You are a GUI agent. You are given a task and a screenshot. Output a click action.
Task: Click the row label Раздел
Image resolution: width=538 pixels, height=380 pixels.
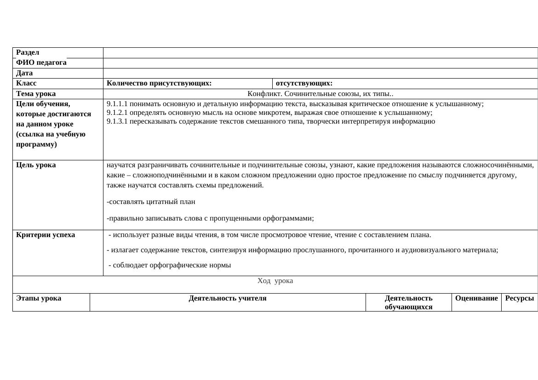(28, 52)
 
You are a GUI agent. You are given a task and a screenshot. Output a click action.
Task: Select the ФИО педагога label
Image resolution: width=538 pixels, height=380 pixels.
(41, 62)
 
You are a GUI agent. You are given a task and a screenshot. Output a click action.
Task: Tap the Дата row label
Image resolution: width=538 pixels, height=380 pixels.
(24, 73)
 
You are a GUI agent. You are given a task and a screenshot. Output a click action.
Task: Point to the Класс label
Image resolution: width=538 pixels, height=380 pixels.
(26, 83)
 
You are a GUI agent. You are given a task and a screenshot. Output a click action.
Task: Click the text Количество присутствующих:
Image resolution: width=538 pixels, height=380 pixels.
(159, 83)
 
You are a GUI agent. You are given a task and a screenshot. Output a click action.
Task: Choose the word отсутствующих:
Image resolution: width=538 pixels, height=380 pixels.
(304, 83)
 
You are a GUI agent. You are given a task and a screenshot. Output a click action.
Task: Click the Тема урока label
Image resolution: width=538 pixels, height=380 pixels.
(36, 94)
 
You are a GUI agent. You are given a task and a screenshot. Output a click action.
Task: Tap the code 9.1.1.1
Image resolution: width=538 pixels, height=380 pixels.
(117, 104)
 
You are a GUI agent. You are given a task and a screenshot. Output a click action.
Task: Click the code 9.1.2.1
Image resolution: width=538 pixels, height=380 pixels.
(117, 113)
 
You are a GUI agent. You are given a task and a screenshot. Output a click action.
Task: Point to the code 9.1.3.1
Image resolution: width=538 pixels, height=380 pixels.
(117, 121)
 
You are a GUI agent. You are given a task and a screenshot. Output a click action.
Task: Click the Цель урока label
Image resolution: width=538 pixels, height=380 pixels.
(36, 165)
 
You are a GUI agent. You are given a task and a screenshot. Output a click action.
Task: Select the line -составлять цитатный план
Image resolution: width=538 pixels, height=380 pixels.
(151, 202)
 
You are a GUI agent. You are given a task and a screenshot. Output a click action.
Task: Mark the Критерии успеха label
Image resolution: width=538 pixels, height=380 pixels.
(46, 235)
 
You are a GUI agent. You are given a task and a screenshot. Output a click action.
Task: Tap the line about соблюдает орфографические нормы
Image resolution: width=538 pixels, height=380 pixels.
(170, 265)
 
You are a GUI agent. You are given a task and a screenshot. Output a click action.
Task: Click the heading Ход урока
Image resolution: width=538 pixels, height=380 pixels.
(275, 281)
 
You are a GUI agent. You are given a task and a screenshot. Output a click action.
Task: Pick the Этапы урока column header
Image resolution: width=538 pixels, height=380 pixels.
(39, 298)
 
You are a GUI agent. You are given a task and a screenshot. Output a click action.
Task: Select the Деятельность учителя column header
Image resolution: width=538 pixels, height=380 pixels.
(228, 298)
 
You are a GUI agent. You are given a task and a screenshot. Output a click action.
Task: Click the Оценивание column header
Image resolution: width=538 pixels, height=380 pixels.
(476, 298)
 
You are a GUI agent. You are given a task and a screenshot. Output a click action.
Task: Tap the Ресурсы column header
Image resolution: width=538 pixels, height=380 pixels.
(520, 298)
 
